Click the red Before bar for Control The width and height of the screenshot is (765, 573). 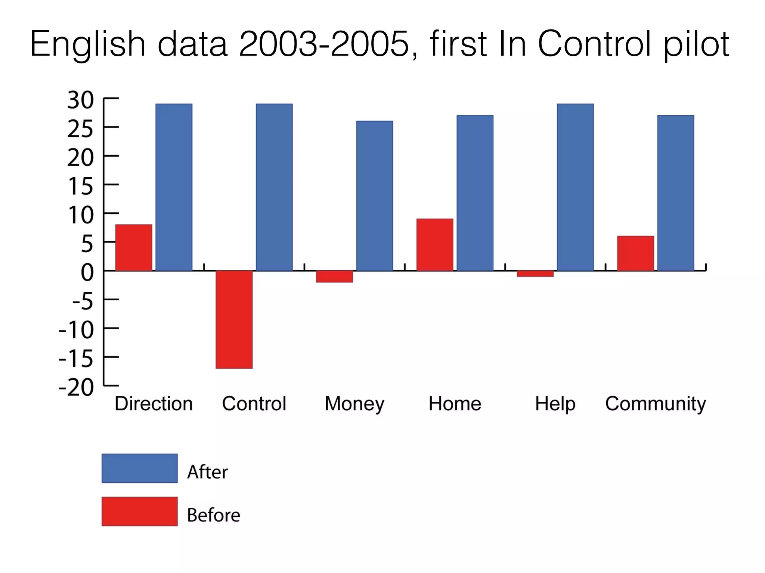click(x=234, y=319)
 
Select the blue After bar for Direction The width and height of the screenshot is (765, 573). click(x=174, y=187)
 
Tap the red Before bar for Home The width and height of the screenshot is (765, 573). click(x=435, y=245)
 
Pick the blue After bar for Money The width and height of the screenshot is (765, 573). click(x=374, y=195)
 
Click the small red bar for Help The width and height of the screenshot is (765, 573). click(x=535, y=273)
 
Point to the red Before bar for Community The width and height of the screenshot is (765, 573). click(x=635, y=253)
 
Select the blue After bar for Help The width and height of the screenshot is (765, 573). click(x=575, y=187)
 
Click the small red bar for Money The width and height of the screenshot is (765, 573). click(x=334, y=276)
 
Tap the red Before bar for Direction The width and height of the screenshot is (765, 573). click(x=134, y=248)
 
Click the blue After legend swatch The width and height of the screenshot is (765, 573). click(x=139, y=468)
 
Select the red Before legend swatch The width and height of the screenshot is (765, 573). click(x=139, y=511)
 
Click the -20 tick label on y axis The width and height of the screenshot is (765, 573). click(x=76, y=388)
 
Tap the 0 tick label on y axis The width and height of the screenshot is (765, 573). click(x=87, y=272)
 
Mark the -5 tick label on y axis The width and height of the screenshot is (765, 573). click(x=82, y=301)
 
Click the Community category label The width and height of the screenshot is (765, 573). click(x=656, y=404)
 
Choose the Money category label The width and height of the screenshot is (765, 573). click(x=354, y=404)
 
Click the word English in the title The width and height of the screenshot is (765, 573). click(x=87, y=44)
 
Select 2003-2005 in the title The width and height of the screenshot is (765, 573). click(x=324, y=44)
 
